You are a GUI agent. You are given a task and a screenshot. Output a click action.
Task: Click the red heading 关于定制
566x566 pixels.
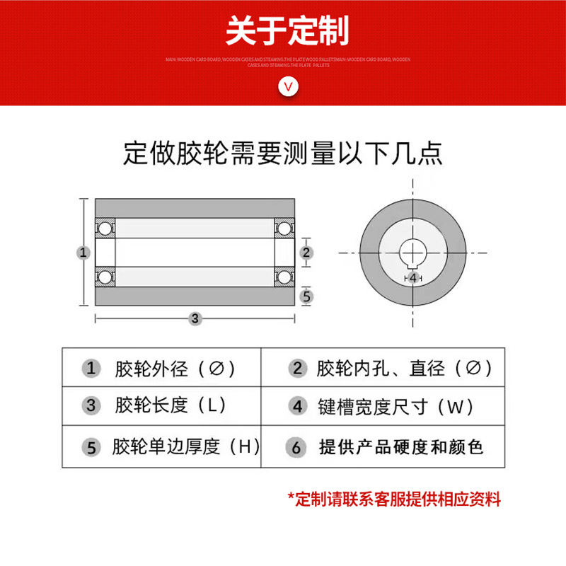click(287, 32)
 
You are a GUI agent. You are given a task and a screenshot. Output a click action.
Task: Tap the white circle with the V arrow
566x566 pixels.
click(287, 86)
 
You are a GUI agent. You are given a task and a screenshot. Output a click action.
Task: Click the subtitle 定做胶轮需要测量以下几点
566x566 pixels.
click(282, 153)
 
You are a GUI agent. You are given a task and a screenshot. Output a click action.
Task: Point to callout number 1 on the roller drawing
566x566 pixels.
click(83, 252)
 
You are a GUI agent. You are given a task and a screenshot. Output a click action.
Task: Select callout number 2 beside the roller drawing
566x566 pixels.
click(306, 252)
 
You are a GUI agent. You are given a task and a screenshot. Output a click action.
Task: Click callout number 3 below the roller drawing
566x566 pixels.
click(195, 318)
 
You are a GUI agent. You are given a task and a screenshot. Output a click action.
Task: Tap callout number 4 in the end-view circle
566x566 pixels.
click(413, 278)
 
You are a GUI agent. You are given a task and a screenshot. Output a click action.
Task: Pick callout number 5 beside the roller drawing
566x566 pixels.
click(306, 296)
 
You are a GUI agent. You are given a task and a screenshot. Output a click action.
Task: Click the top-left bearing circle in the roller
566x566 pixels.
click(105, 229)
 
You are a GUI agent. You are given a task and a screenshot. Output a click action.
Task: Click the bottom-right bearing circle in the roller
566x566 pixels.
click(284, 276)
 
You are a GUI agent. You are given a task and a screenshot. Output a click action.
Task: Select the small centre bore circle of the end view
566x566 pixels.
click(412, 253)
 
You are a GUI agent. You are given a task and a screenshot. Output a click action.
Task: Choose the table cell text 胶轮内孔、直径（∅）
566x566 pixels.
click(404, 369)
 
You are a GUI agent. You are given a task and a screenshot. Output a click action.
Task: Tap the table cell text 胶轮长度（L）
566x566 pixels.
click(170, 405)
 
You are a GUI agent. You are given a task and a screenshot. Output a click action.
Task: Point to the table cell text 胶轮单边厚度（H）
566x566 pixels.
click(186, 447)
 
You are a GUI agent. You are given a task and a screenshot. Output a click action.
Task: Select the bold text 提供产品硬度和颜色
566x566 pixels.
click(401, 447)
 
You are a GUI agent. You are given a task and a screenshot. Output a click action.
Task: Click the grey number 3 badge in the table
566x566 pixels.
click(91, 405)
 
